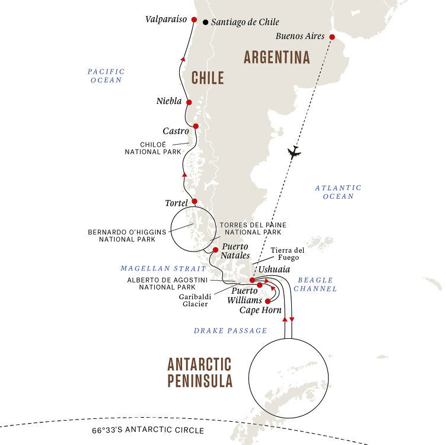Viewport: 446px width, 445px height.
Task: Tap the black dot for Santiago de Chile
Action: [x=206, y=23]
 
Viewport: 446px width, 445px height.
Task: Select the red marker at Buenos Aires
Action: [x=332, y=37]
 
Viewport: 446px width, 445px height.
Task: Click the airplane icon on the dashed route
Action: [x=293, y=152]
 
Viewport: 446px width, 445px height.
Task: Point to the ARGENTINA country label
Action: [x=276, y=58]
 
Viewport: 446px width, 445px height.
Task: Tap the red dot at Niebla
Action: [x=189, y=102]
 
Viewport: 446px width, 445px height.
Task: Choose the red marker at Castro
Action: [x=195, y=126]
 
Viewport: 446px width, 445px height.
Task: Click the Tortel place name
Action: [x=176, y=203]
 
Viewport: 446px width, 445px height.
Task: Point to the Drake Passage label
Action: [x=230, y=330]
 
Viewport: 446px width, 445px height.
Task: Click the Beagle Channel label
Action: [x=317, y=284]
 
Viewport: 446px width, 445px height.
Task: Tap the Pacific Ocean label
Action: [x=106, y=75]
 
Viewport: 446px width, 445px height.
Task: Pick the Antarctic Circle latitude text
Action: [x=148, y=430]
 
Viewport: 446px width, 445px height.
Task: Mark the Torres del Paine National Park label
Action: [x=253, y=229]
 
